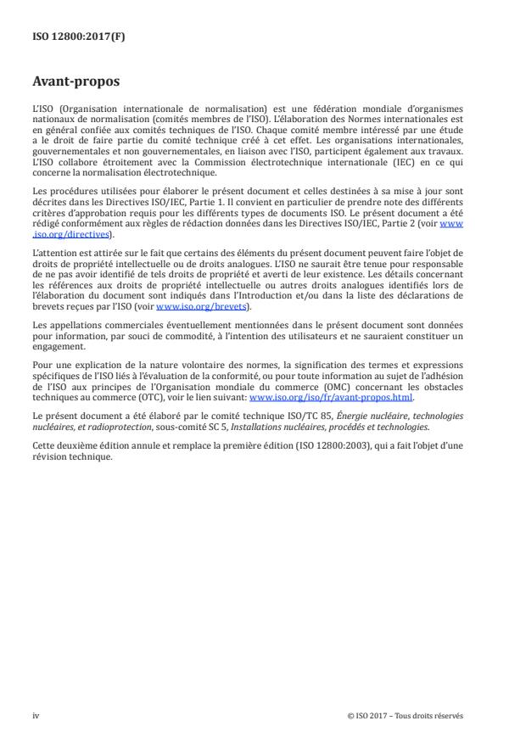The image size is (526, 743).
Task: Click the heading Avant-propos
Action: pos(76,82)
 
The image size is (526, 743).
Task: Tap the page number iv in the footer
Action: pos(36,715)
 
